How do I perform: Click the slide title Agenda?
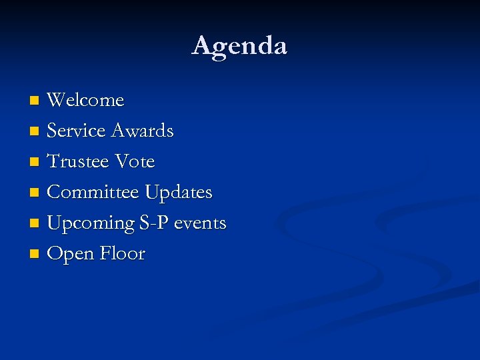(x=239, y=46)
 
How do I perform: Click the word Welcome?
(x=85, y=101)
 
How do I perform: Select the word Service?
(x=77, y=131)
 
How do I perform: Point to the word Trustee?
(x=79, y=162)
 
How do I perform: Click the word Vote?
(x=135, y=162)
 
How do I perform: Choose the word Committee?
(x=93, y=193)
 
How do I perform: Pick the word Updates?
(x=179, y=193)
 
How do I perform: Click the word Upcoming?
(x=91, y=223)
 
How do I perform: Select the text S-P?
(x=155, y=223)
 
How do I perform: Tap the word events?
(x=200, y=223)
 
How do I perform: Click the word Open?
(x=72, y=254)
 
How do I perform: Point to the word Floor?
(x=123, y=254)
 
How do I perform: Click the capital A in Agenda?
(x=202, y=45)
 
